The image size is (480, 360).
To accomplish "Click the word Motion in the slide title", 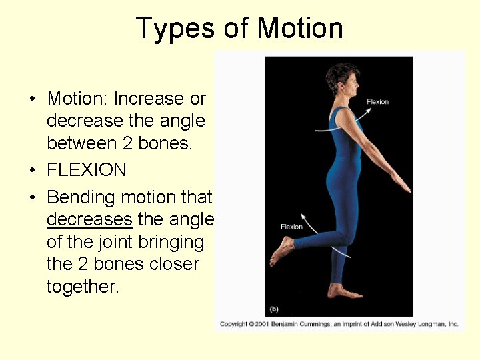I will [300, 29].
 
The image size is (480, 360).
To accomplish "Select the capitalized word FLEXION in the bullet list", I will [87, 170].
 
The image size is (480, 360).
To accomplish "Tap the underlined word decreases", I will [90, 219].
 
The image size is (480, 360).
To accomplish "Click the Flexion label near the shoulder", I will [377, 102].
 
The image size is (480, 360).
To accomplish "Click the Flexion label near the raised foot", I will [291, 227].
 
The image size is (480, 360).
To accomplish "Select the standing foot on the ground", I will [343, 291].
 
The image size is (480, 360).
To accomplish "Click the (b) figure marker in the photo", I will [273, 309].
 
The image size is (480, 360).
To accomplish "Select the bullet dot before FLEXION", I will [32, 171].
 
